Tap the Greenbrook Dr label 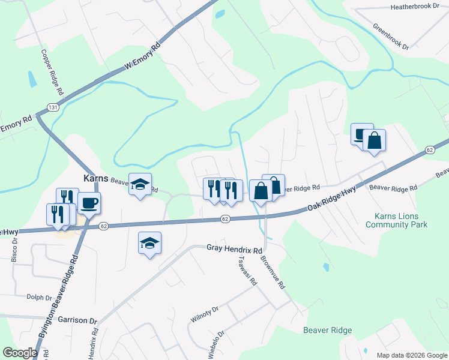tap(390, 37)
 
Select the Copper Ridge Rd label tap(52, 73)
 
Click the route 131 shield tap(53, 107)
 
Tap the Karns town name tap(94, 179)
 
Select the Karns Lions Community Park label tap(397, 220)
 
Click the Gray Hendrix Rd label tap(235, 248)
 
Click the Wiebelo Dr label tap(216, 345)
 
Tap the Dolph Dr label tap(39, 296)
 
